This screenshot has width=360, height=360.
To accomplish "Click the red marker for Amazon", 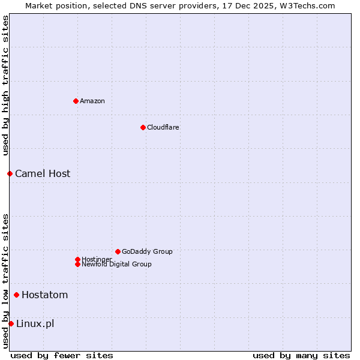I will [x=76, y=101].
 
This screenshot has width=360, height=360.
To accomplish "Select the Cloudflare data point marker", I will [x=143, y=127].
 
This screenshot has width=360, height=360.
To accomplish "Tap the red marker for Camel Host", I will [x=10, y=173].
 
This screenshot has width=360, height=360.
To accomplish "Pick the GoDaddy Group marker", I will [x=118, y=251].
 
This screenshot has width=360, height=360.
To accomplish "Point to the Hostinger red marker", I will [x=77, y=259].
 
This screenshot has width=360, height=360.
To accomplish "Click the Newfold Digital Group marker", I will [x=77, y=264].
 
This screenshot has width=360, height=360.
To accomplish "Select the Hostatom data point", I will [x=16, y=295].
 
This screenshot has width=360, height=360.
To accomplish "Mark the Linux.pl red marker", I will [x=11, y=323].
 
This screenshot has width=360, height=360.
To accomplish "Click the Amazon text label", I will [x=92, y=101].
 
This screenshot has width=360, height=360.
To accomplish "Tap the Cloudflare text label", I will [x=163, y=127].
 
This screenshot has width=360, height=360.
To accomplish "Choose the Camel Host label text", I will [x=43, y=173].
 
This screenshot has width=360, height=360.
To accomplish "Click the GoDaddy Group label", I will [x=147, y=251].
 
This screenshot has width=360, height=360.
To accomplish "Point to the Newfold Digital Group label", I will [x=117, y=264].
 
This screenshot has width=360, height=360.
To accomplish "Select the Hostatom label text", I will [x=45, y=295].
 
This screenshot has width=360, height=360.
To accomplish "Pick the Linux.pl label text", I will [x=35, y=323].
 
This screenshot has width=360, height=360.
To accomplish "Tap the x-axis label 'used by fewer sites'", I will [x=62, y=355].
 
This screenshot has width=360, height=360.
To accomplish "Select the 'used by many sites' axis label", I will [x=301, y=355].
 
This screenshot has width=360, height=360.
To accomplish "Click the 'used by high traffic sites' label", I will [x=5, y=85].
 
